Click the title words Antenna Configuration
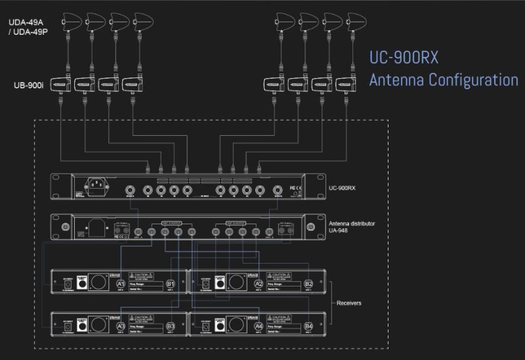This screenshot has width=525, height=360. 443,80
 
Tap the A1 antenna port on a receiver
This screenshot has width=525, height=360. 120,283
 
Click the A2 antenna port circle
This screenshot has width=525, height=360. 259,283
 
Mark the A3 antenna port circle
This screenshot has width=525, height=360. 120,325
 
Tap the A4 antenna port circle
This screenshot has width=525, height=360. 259,325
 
